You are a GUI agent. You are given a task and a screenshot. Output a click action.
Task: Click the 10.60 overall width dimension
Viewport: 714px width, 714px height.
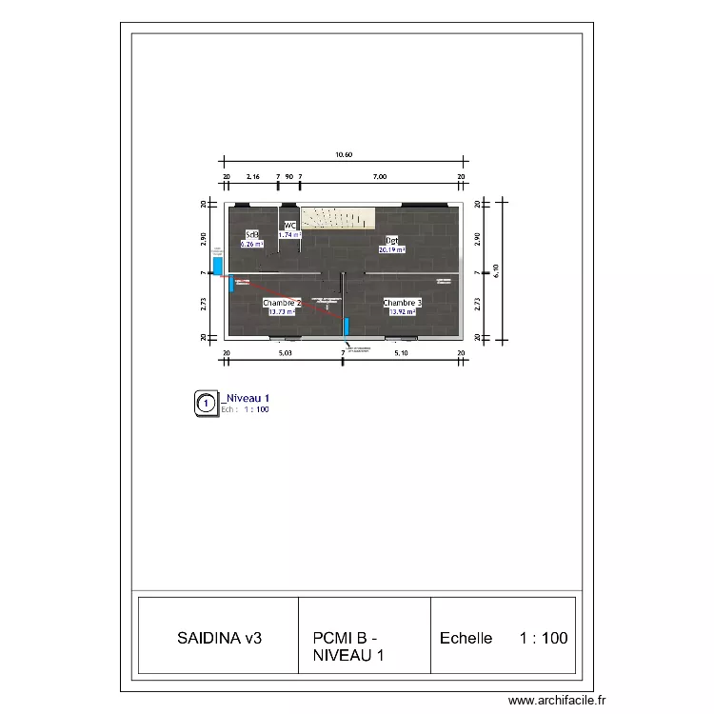pyautogui.click(x=344, y=154)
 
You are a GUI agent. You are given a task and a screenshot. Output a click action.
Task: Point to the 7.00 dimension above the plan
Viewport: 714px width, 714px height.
pyautogui.click(x=380, y=177)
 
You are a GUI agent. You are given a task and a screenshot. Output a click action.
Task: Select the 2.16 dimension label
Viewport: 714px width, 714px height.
pyautogui.click(x=253, y=177)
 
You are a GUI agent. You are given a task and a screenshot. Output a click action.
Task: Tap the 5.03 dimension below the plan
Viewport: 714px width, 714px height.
pyautogui.click(x=285, y=353)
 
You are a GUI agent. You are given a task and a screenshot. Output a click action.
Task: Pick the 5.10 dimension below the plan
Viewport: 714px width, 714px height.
pyautogui.click(x=402, y=353)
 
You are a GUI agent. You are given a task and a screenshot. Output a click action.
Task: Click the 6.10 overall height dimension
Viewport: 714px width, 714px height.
pyautogui.click(x=494, y=271)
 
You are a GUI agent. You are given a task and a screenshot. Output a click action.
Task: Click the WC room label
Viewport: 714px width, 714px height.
pyautogui.click(x=289, y=226)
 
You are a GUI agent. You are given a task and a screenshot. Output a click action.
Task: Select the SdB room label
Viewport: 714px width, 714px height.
pyautogui.click(x=252, y=235)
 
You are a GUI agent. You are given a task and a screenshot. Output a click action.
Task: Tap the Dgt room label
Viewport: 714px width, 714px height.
pyautogui.click(x=391, y=241)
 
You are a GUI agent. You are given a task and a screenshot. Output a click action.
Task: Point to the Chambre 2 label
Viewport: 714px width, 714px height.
pyautogui.click(x=282, y=303)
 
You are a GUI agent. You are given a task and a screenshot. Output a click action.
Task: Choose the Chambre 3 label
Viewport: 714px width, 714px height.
pyautogui.click(x=403, y=303)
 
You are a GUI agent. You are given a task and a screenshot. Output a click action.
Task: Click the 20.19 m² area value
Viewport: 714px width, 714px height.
pyautogui.click(x=391, y=249)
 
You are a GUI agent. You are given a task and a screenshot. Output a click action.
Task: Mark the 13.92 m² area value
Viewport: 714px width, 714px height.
pyautogui.click(x=403, y=311)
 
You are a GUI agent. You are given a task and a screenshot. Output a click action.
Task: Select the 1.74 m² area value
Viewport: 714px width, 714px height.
pyautogui.click(x=289, y=234)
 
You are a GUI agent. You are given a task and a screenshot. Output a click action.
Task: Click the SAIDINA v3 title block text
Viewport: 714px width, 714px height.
pyautogui.click(x=219, y=638)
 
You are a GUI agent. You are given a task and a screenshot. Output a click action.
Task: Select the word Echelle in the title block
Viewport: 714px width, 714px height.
pyautogui.click(x=466, y=638)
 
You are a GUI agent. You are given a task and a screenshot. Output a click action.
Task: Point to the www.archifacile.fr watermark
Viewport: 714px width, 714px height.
pyautogui.click(x=557, y=701)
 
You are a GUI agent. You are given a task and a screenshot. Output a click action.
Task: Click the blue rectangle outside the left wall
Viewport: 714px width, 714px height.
pyautogui.click(x=218, y=266)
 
